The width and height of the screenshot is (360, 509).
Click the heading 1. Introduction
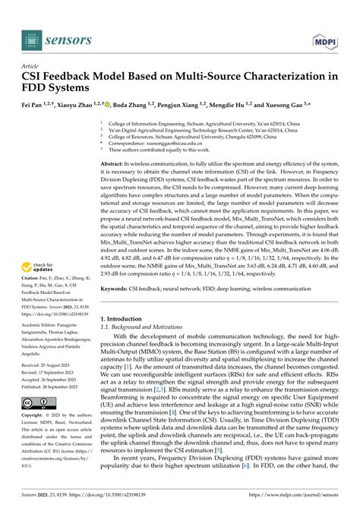pos(125,298)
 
